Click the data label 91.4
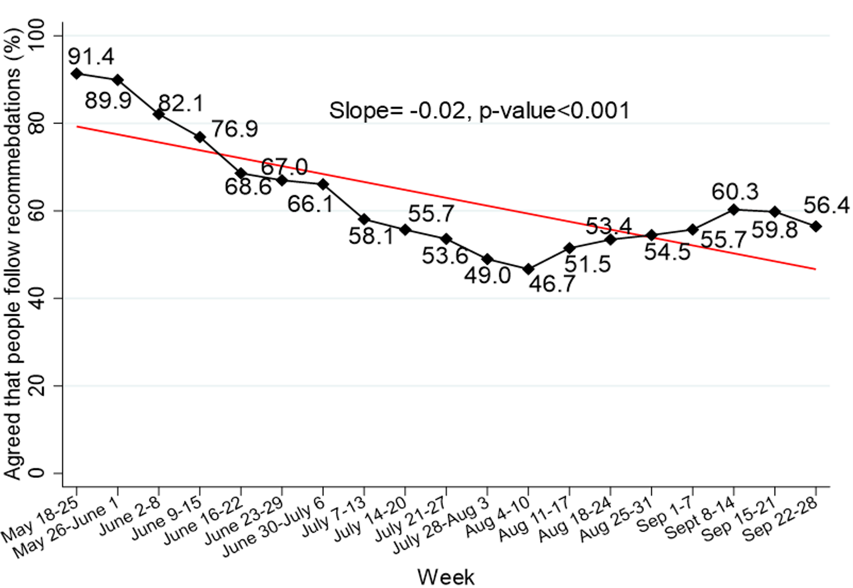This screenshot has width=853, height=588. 91,56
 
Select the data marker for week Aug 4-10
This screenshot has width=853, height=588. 529,269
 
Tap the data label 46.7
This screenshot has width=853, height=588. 552,284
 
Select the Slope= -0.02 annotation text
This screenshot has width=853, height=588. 479,111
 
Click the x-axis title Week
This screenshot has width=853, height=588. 446,577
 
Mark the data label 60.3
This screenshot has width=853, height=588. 735,191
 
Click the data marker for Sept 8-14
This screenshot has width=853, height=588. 734,210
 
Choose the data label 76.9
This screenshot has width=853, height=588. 234,129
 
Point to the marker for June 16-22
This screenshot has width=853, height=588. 241,173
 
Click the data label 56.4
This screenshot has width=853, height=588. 826,205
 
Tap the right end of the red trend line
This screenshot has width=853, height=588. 815,269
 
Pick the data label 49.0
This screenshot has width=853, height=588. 487,276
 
